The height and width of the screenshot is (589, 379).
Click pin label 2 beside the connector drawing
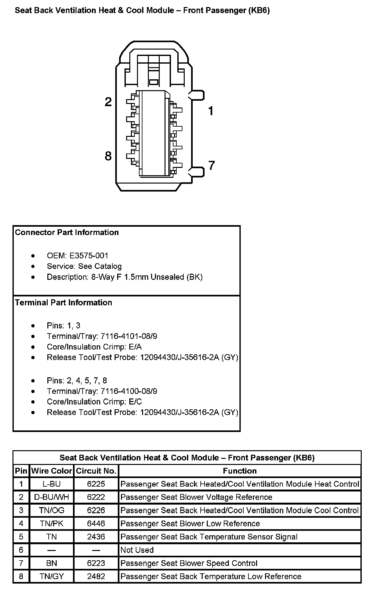pyautogui.click(x=108, y=102)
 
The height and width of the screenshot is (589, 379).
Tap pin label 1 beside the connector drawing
pyautogui.click(x=211, y=111)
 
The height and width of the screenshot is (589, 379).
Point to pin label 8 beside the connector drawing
pyautogui.click(x=108, y=156)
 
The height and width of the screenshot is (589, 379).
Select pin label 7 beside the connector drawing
pyautogui.click(x=212, y=166)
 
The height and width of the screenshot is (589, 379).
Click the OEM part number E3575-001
pyautogui.click(x=89, y=256)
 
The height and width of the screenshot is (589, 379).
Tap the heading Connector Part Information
pyautogui.click(x=67, y=232)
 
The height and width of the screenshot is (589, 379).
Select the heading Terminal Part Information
pyautogui.click(x=64, y=302)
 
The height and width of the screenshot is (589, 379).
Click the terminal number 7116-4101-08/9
pyautogui.click(x=129, y=336)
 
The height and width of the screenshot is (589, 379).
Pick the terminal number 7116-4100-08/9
pyautogui.click(x=129, y=391)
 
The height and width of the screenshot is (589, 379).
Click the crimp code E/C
pyautogui.click(x=135, y=402)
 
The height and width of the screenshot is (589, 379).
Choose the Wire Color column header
pyautogui.click(x=52, y=471)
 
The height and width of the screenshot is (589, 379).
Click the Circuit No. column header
pyautogui.click(x=96, y=471)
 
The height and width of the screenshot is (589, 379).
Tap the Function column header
pyautogui.click(x=240, y=471)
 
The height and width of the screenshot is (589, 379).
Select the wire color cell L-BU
pyautogui.click(x=52, y=484)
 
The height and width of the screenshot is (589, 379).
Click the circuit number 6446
pyautogui.click(x=96, y=524)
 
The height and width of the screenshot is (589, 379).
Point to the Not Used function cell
pyautogui.click(x=137, y=550)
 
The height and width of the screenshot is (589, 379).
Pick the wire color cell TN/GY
pyautogui.click(x=52, y=577)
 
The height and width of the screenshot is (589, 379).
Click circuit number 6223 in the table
pyautogui.click(x=96, y=563)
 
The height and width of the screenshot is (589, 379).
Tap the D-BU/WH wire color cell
pyautogui.click(x=52, y=497)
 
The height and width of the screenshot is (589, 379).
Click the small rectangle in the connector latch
pyautogui.click(x=154, y=82)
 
